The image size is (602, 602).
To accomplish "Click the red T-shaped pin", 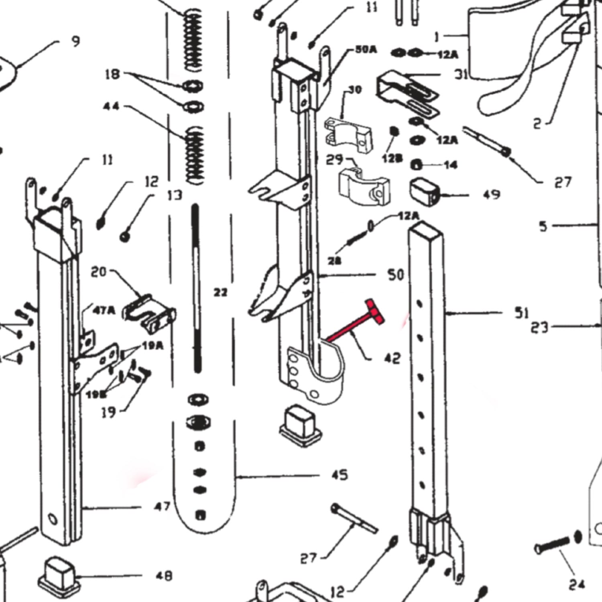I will [x=353, y=323].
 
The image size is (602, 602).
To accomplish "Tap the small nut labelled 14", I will [x=417, y=165].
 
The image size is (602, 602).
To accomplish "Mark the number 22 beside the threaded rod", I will [x=220, y=293].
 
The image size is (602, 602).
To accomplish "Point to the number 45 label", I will [x=339, y=475].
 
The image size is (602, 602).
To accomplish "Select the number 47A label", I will [x=104, y=310].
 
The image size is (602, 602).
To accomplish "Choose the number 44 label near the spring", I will [x=111, y=106].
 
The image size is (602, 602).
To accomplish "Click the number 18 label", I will [x=112, y=74].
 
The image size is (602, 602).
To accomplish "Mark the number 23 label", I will [x=539, y=327].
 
